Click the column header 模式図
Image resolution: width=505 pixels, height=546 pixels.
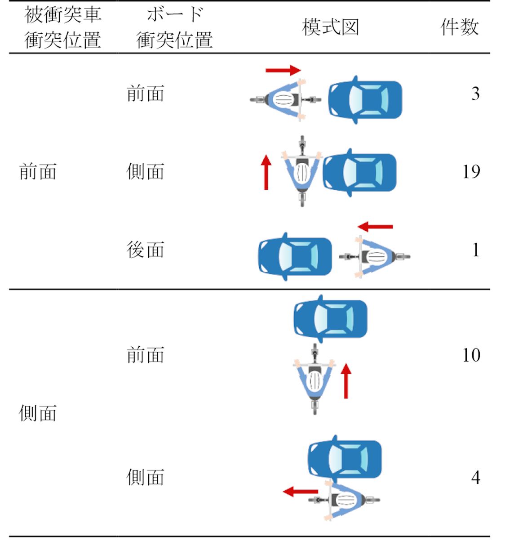tap(331, 27)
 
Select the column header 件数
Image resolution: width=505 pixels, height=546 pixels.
tap(459, 27)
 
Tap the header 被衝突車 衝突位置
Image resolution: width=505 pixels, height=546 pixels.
tap(62, 27)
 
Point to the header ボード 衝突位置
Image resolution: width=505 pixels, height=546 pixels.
tap(174, 27)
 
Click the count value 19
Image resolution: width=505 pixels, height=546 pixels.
tap(471, 172)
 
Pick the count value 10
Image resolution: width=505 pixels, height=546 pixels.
tap(471, 355)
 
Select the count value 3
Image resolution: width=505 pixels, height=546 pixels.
tap(475, 94)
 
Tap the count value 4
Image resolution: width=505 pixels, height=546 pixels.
tap(475, 477)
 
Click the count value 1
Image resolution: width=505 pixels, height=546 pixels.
tap(476, 250)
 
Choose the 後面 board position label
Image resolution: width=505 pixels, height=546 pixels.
tap(145, 250)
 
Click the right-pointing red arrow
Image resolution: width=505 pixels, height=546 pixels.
tap(283, 70)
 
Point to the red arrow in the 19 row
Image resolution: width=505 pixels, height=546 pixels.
tap(266, 173)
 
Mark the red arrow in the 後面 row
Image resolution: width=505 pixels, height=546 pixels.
tap(375, 227)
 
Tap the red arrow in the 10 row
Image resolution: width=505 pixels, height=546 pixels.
tap(346, 381)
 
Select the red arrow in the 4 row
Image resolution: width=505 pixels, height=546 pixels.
tap(300, 492)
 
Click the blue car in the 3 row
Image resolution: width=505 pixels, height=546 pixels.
tap(365, 100)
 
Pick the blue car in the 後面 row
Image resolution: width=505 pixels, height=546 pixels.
tap(295, 256)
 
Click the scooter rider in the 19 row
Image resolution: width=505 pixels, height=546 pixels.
tap(302, 171)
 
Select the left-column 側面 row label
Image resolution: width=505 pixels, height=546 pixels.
tap(38, 413)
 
